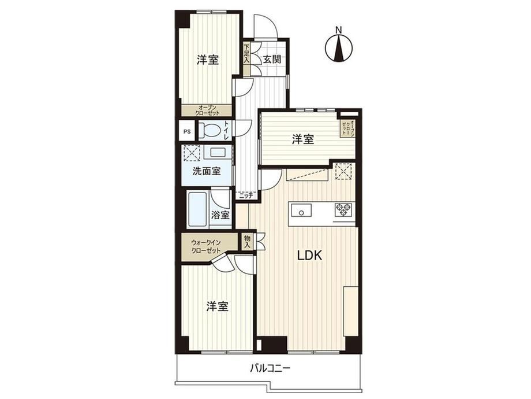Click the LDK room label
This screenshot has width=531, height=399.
[x=309, y=255]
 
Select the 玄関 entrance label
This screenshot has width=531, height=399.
[x=272, y=60]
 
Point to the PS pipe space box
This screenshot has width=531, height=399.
[x=186, y=132]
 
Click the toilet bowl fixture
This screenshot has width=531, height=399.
[x=210, y=131]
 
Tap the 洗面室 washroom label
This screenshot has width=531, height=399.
[x=207, y=171]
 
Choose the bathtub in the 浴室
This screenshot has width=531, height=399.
[x=198, y=210]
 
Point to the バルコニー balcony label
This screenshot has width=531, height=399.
[x=270, y=368]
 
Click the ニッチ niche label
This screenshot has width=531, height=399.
[x=246, y=195]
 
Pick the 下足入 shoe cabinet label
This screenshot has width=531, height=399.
[x=246, y=53]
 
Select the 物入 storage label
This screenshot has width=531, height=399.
[x=247, y=242]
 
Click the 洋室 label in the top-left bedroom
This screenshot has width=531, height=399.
[x=208, y=60]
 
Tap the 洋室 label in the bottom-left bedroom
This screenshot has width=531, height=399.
[x=218, y=306]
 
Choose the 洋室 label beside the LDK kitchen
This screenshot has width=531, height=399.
[x=303, y=139]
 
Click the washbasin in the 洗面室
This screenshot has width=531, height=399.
[x=219, y=152]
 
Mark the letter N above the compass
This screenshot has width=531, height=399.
[x=338, y=30]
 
